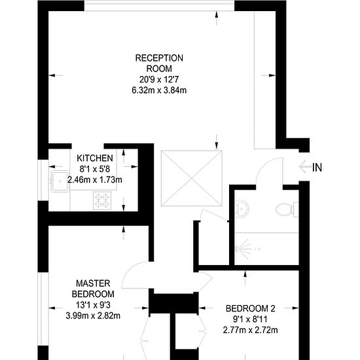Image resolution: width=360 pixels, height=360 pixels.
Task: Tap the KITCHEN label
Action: [95, 158]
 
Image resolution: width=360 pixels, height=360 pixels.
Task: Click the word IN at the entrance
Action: [317, 167]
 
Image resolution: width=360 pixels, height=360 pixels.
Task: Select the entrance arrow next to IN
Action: [304, 167]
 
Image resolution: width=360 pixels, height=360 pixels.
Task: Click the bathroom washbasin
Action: [242, 206]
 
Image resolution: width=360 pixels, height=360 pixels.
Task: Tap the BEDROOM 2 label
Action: [251, 309]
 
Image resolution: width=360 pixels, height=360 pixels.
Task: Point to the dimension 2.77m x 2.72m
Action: [251, 330]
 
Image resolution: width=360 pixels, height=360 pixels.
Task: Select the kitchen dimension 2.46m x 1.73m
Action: [95, 179]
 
